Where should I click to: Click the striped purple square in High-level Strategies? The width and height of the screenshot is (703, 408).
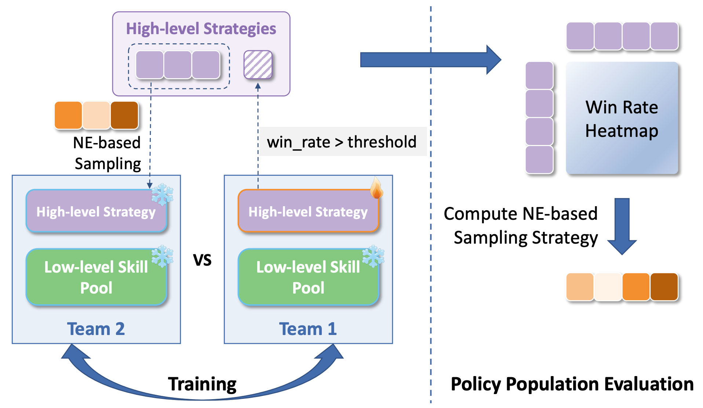click(258, 65)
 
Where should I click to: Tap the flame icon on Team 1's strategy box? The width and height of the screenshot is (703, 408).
click(376, 188)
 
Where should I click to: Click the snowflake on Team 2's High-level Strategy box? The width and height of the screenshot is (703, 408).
click(162, 194)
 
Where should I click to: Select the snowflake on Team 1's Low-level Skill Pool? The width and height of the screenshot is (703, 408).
click(373, 256)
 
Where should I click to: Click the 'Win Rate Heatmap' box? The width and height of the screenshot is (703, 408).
click(622, 118)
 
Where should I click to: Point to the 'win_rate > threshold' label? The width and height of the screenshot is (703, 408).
click(342, 142)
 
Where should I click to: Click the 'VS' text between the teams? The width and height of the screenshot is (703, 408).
click(202, 260)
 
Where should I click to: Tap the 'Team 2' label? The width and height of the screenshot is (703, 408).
click(96, 329)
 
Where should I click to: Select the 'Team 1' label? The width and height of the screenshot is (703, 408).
click(308, 329)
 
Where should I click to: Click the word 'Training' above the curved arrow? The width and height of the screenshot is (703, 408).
click(202, 384)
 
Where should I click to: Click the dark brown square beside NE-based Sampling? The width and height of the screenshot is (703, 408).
click(124, 115)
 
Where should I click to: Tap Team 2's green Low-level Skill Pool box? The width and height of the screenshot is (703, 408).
click(96, 277)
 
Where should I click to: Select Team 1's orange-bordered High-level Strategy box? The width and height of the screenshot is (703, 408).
click(308, 211)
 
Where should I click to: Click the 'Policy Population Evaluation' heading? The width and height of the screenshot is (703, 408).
click(572, 384)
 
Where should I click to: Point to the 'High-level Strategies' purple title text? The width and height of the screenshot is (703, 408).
click(201, 29)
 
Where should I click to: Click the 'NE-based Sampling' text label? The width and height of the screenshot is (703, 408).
click(107, 153)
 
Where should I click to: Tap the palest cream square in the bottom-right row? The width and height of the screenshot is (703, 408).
click(608, 287)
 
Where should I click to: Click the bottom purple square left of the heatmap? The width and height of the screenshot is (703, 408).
click(539, 160)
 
